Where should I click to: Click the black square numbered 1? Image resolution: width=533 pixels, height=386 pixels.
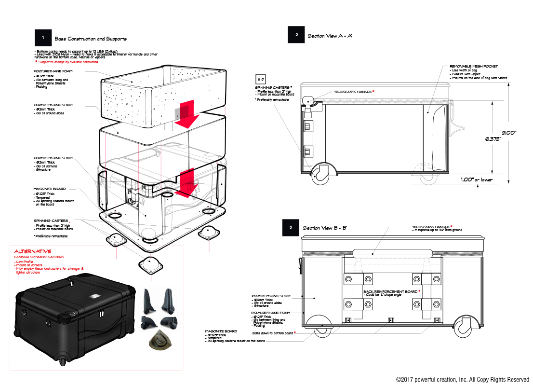(x=43, y=38)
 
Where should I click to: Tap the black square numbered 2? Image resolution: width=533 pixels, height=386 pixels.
(x=296, y=35)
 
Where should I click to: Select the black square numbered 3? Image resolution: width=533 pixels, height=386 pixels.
(x=291, y=227)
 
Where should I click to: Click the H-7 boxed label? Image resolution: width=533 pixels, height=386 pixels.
(x=260, y=79)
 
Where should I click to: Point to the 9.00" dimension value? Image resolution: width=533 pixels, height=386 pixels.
(x=509, y=132)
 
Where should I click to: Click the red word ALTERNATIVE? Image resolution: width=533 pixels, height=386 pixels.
(x=33, y=251)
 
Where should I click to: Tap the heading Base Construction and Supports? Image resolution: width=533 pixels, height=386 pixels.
(x=91, y=39)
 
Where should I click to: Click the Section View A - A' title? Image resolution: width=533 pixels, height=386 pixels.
(x=330, y=36)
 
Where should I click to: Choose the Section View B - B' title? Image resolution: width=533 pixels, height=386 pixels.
(x=325, y=228)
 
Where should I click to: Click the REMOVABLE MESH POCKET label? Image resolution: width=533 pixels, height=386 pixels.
(x=473, y=66)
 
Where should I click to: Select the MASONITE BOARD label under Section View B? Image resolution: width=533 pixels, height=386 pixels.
(x=221, y=331)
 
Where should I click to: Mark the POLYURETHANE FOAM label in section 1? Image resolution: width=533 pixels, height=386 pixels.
(x=53, y=70)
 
